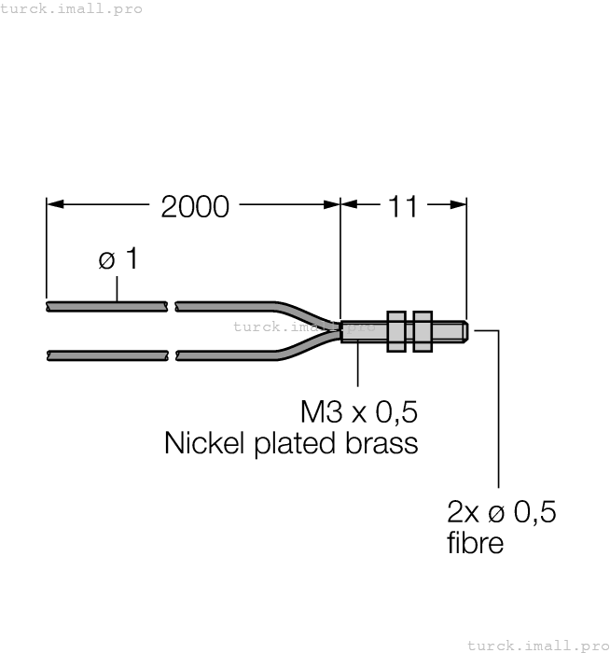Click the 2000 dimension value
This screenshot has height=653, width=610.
click(x=194, y=206)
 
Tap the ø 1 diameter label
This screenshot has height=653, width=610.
click(x=118, y=259)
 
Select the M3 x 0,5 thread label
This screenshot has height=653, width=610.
click(x=358, y=411)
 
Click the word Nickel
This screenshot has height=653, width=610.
click(x=203, y=442)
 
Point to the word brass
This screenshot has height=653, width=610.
click(x=381, y=442)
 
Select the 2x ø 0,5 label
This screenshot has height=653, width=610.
click(x=502, y=511)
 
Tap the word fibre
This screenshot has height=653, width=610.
click(x=475, y=543)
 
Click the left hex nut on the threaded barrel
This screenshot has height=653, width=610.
click(x=395, y=330)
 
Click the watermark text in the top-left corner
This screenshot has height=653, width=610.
click(x=72, y=8)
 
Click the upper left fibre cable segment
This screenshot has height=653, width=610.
click(x=105, y=305)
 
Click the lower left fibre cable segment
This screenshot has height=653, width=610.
click(x=105, y=354)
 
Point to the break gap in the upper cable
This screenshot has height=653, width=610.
click(x=172, y=305)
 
